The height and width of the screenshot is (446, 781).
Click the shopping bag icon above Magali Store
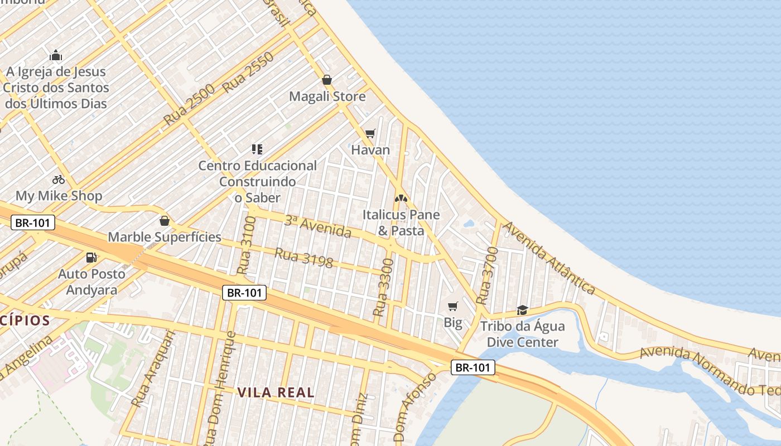(x=327, y=80)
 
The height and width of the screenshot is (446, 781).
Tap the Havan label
(x=370, y=150)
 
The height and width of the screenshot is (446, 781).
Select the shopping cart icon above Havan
(x=370, y=133)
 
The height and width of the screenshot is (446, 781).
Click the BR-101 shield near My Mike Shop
(x=33, y=223)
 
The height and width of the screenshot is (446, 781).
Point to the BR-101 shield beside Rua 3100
(x=244, y=293)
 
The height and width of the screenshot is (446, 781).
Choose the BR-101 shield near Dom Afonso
(x=473, y=367)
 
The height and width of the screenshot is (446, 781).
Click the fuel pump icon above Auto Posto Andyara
(x=91, y=257)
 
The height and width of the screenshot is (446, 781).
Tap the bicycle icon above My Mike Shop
(x=59, y=180)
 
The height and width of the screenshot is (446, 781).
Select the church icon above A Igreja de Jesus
(x=56, y=55)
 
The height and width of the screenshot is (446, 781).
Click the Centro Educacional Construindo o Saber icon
(x=257, y=149)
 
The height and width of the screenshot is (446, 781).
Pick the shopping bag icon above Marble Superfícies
(x=164, y=221)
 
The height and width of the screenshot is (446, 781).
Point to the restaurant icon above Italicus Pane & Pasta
(x=401, y=198)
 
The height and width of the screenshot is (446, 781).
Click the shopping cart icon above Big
(x=453, y=306)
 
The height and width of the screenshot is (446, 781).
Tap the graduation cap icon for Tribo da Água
(x=522, y=310)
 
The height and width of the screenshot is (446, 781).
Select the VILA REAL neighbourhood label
(x=276, y=392)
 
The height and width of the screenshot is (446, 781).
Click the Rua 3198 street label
(x=303, y=258)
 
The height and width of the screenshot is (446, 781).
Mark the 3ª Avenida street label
(x=318, y=226)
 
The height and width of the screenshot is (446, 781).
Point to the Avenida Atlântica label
(x=549, y=258)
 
